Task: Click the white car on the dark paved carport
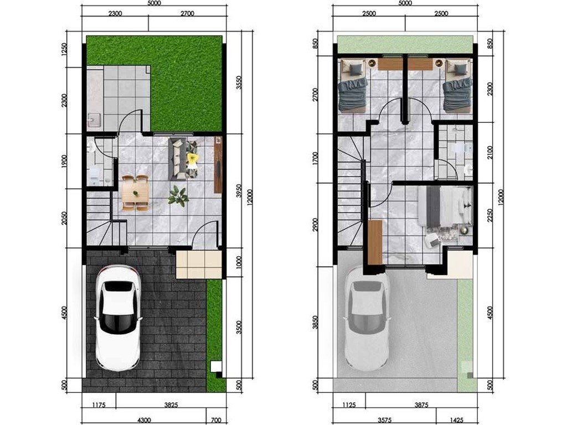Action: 118,318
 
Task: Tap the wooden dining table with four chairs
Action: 135,193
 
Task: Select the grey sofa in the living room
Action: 177,159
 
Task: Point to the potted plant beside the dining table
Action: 178,196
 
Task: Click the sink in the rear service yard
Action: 95,120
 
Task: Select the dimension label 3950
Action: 238,191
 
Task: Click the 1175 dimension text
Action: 98,405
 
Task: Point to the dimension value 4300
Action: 144,421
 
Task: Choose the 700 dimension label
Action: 216,421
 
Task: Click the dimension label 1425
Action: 457,421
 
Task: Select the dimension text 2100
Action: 490,153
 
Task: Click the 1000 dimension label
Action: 238,263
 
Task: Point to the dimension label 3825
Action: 171,405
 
